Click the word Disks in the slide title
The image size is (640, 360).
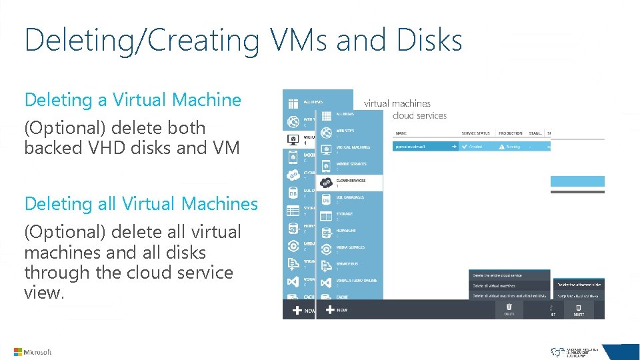[x=429, y=40]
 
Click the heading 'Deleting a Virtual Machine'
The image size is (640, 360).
[x=133, y=100]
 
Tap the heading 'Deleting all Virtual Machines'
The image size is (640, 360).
[x=141, y=204]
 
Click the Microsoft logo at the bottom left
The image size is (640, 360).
[x=32, y=352]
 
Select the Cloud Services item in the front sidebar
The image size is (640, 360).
[x=350, y=181]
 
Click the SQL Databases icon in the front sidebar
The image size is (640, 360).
[x=326, y=199]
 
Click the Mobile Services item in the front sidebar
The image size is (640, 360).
[x=350, y=165]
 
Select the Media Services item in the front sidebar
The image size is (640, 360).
[x=350, y=249]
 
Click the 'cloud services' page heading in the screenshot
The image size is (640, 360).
[x=419, y=116]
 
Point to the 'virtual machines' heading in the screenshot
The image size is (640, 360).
[x=397, y=103]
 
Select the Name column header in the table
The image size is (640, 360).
[x=401, y=133]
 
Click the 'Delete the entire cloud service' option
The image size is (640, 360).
[x=497, y=275]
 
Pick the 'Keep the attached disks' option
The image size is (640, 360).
[x=577, y=295]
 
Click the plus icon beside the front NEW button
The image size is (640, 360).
[x=329, y=310]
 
